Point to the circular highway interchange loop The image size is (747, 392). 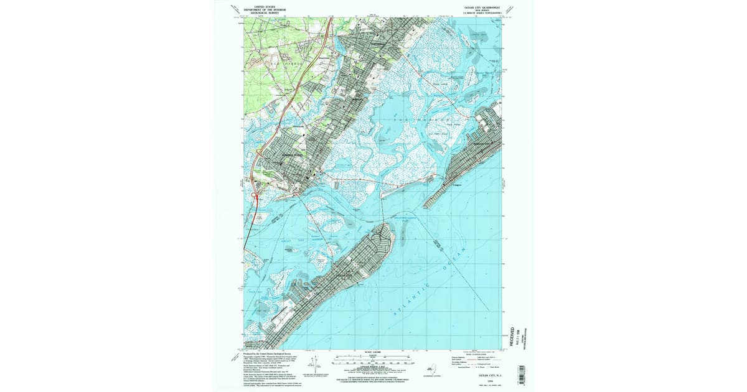255,197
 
